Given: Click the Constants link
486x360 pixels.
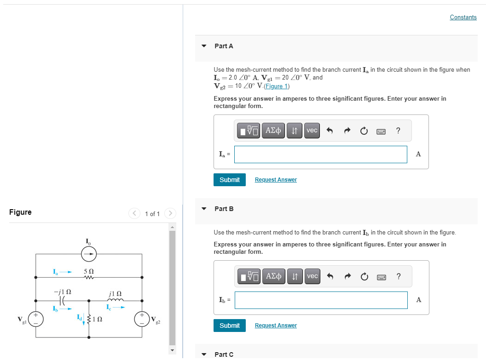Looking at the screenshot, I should click(x=463, y=17).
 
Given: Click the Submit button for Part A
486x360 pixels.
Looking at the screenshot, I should click(x=229, y=180).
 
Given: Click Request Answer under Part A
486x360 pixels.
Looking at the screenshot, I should click(x=276, y=180).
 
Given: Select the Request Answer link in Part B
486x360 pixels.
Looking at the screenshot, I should click(x=276, y=326).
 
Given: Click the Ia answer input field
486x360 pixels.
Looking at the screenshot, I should click(x=320, y=154).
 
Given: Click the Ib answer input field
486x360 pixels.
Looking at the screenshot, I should click(x=320, y=300).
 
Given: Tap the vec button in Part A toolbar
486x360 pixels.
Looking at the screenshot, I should click(x=312, y=131).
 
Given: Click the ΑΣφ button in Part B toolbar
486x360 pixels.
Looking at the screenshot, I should click(x=273, y=276).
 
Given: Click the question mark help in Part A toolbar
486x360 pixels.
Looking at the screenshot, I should click(x=398, y=131).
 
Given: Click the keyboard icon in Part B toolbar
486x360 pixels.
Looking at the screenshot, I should click(x=381, y=276).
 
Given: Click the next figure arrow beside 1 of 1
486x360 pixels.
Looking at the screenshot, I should click(x=170, y=213).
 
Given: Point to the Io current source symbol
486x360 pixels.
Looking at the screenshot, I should click(x=89, y=253).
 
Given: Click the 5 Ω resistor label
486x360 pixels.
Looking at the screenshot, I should click(x=89, y=271).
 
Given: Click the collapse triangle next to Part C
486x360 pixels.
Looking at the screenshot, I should click(x=204, y=354).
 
